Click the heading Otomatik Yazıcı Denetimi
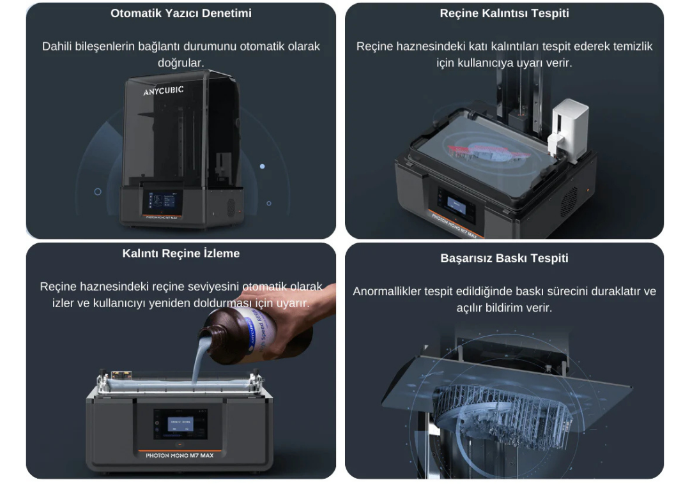coord(181,13)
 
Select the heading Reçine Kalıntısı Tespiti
coord(504,13)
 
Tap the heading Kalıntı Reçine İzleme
coord(181,253)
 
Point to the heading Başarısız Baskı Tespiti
coord(504,258)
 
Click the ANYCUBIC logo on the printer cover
coord(164,90)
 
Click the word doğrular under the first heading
coord(181,63)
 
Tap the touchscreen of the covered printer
coord(162,200)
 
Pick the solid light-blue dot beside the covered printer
coord(263,167)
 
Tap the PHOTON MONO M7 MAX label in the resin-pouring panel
coord(180,455)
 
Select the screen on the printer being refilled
coord(180,424)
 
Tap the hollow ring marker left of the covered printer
coord(98,192)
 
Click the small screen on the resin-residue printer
coord(456,204)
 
